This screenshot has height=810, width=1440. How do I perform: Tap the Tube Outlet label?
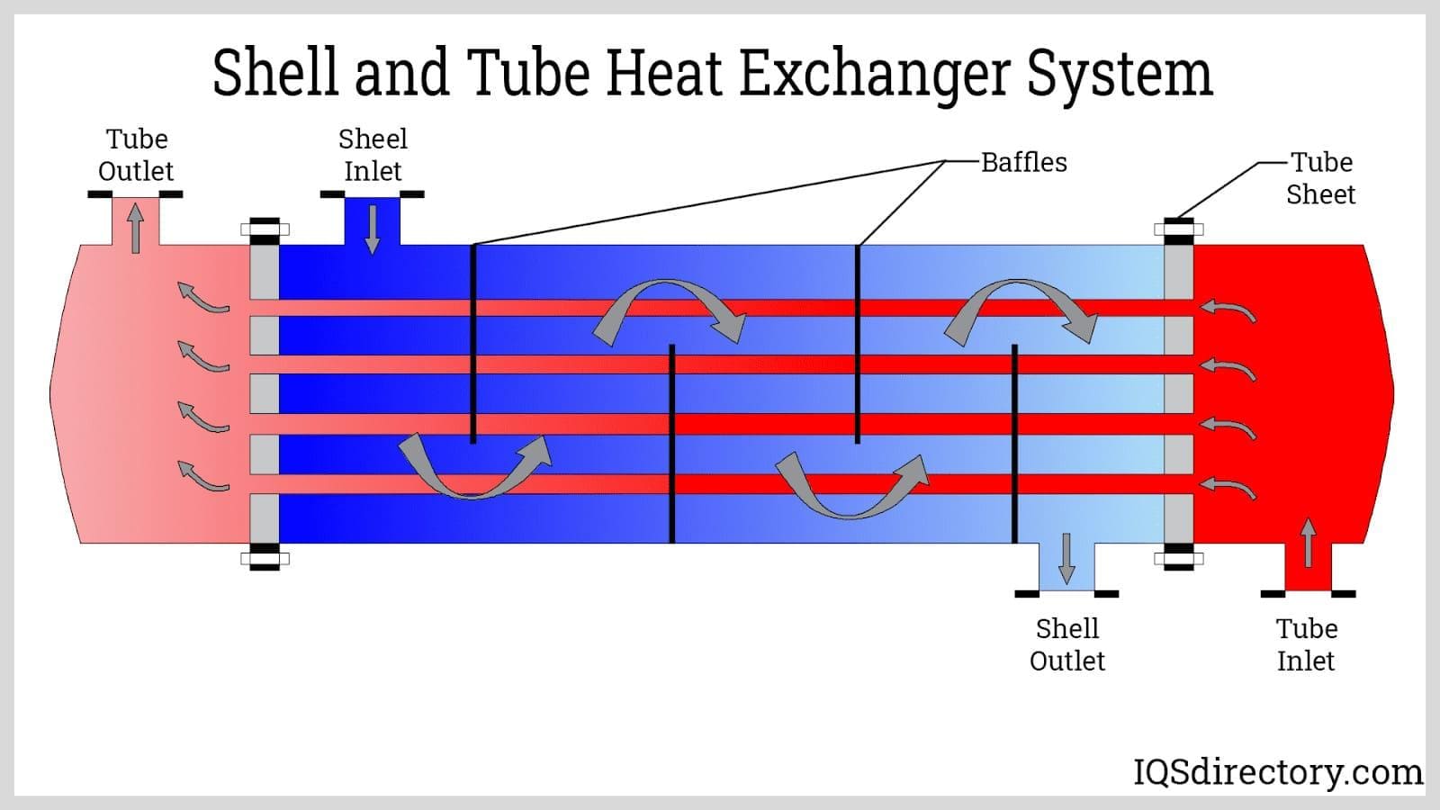[x=136, y=155]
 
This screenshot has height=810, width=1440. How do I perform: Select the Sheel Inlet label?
[x=373, y=155]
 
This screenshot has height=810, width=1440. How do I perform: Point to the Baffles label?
[x=1023, y=162]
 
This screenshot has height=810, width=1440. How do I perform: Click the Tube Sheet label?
[x=1320, y=178]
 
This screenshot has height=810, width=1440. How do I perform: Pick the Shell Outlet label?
[x=1066, y=644]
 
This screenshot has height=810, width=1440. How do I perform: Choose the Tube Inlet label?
[x=1306, y=644]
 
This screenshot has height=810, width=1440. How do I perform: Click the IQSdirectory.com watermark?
[x=1277, y=771]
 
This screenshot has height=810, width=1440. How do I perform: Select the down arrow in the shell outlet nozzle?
[x=1066, y=558]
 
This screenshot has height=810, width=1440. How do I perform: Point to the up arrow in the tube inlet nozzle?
[x=1308, y=543]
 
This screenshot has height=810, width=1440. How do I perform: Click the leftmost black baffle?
[x=473, y=342]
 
